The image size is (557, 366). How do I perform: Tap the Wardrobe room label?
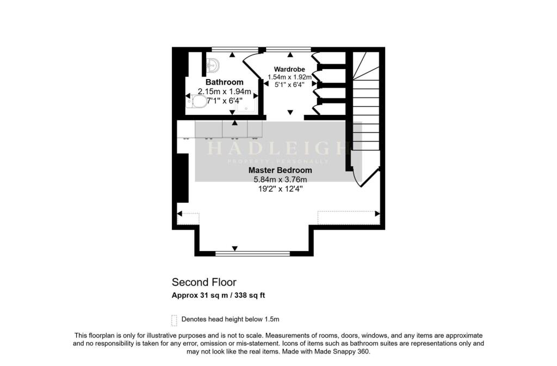(x=289, y=69)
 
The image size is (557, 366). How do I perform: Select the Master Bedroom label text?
(x=280, y=170)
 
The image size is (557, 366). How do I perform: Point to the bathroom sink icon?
(x=213, y=65)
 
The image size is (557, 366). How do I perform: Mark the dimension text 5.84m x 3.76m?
(x=280, y=179)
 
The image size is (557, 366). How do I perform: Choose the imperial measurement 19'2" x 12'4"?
(x=280, y=188)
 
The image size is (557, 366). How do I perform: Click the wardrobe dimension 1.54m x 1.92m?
(x=289, y=77)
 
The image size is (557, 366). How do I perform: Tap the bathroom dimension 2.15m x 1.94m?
(x=224, y=91)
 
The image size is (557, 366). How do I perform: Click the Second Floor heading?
(x=204, y=282)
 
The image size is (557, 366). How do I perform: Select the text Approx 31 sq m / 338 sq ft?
(x=218, y=295)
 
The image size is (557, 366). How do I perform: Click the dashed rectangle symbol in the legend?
(x=174, y=319)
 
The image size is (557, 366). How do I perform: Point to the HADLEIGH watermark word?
(x=278, y=148)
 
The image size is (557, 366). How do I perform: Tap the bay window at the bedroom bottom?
(x=252, y=253)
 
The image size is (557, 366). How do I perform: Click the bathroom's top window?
(x=227, y=50)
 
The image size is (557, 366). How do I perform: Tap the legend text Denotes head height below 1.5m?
(x=230, y=319)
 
